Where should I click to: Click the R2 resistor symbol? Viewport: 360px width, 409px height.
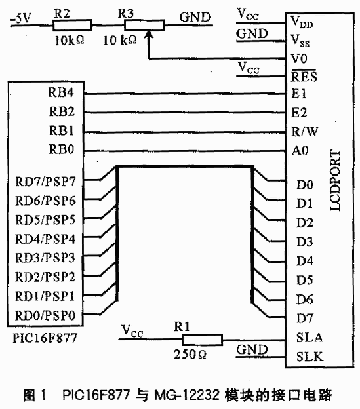point(72,26)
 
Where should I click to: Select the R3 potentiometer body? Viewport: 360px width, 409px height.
point(144,26)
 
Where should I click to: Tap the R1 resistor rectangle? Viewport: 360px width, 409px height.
point(202,340)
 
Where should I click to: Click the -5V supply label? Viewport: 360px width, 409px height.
point(20,18)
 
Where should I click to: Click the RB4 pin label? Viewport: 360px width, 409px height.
point(61,92)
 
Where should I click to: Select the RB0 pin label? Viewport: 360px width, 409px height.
point(62,149)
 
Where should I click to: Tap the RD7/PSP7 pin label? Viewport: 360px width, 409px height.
point(45,182)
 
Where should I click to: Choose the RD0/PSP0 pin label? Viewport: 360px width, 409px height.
point(45,315)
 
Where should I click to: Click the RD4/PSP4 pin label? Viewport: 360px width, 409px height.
point(45,239)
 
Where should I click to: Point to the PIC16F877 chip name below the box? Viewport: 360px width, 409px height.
point(45,338)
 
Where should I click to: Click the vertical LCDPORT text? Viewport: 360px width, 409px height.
point(335,180)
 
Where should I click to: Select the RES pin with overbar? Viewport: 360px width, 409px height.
point(304,76)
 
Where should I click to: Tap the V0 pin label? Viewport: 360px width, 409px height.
point(299,58)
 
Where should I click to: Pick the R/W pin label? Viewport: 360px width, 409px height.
point(305,132)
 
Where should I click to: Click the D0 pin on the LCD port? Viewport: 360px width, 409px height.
point(305,185)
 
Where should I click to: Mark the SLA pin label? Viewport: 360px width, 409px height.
point(310,338)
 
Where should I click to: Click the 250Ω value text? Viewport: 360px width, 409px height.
point(190,354)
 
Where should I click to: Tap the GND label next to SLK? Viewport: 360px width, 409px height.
point(252,350)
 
